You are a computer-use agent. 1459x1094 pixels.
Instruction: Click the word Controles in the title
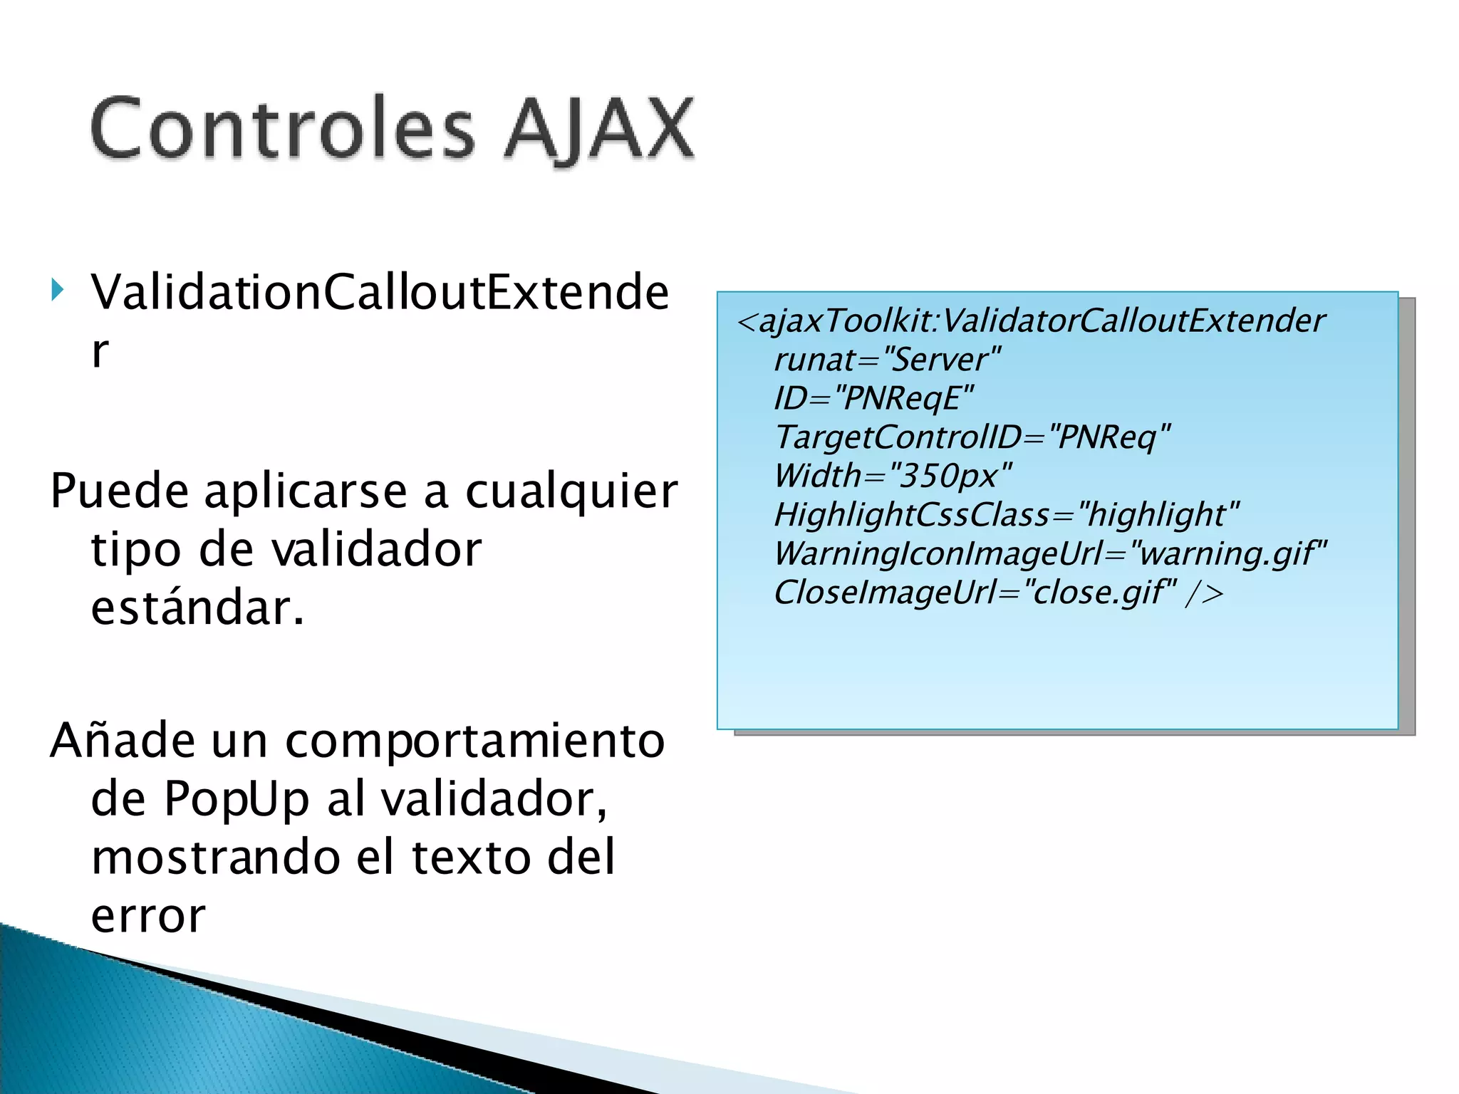[x=282, y=128]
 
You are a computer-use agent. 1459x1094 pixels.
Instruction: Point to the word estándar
[x=197, y=608]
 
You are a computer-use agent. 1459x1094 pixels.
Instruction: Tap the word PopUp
[x=237, y=800]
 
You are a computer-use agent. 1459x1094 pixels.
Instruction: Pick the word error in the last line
[x=148, y=916]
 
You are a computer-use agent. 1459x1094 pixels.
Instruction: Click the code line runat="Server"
[x=888, y=360]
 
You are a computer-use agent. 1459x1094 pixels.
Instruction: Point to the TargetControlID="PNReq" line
[x=972, y=437]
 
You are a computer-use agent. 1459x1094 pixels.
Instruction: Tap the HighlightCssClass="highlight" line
[x=1007, y=514]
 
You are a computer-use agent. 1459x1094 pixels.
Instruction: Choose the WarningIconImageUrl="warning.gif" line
[x=1051, y=553]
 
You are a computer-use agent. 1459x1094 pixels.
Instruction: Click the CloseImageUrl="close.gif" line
[x=997, y=593]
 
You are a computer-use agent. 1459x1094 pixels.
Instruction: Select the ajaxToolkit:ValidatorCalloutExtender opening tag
[x=1032, y=321]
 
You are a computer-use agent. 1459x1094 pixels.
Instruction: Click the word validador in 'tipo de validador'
[x=377, y=550]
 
